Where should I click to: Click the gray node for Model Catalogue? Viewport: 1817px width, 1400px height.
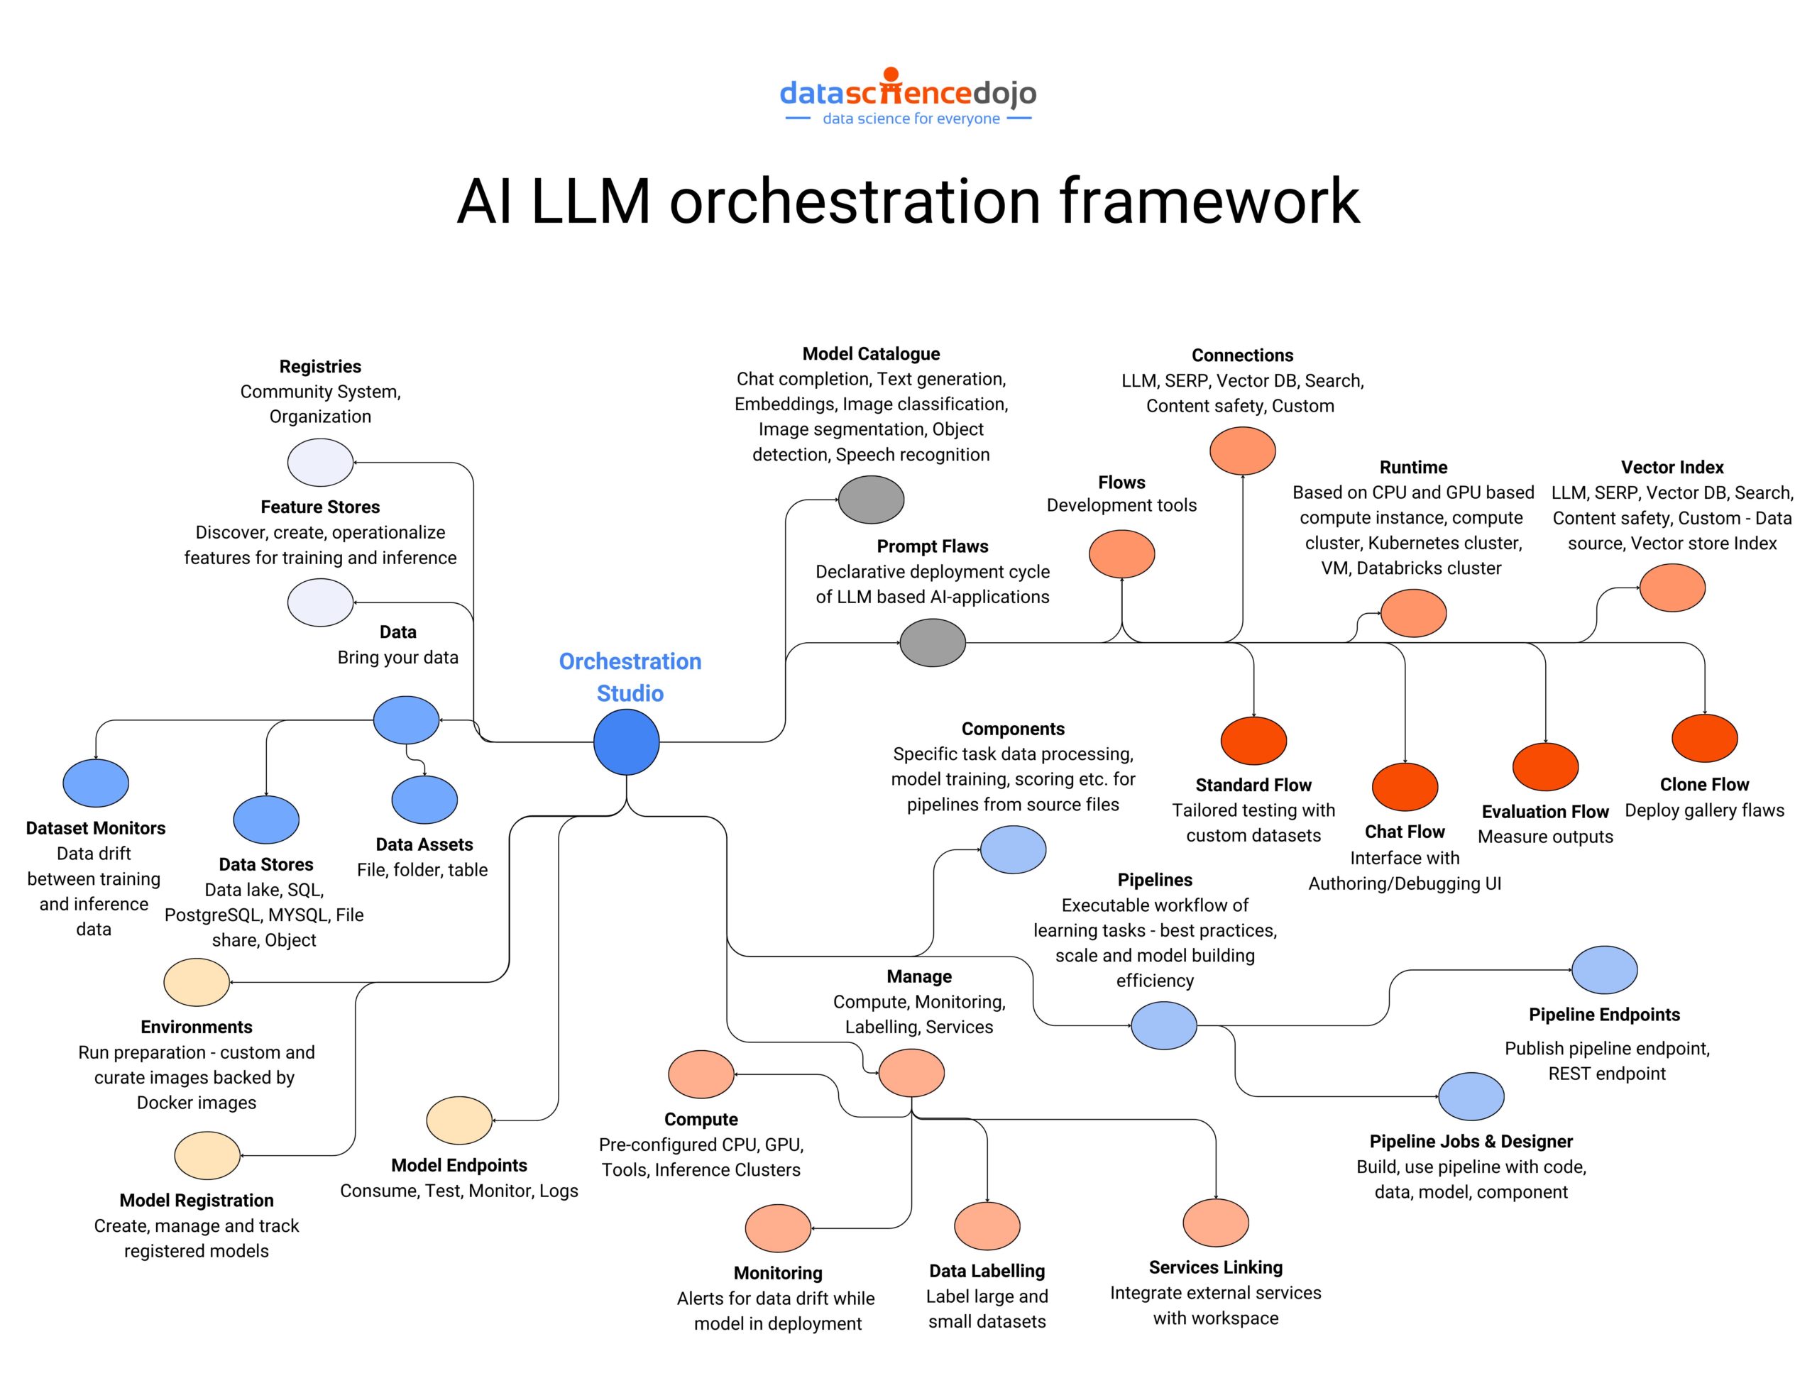[x=871, y=499]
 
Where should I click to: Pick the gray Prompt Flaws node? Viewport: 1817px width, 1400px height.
[x=932, y=642]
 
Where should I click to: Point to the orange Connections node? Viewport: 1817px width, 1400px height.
[x=1242, y=451]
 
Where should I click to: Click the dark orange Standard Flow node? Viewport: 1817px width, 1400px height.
[x=1253, y=740]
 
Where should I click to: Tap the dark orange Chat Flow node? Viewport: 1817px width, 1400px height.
[x=1405, y=786]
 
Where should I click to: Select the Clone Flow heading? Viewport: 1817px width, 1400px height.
[x=1704, y=784]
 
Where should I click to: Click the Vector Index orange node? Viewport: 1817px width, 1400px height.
[x=1671, y=588]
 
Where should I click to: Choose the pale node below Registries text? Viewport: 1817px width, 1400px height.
[x=320, y=463]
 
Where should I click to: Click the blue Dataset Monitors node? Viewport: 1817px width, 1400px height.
[x=96, y=783]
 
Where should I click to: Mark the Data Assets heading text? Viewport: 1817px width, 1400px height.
[x=424, y=844]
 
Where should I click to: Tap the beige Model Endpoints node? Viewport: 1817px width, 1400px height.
[x=459, y=1120]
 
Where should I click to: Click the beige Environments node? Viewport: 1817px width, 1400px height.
[x=197, y=981]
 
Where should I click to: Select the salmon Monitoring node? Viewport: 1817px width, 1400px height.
[x=778, y=1227]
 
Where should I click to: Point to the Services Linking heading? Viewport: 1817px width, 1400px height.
[x=1216, y=1267]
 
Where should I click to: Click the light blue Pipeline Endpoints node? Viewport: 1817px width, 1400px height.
[x=1604, y=969]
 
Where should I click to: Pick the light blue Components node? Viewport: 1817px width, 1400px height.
[x=1013, y=849]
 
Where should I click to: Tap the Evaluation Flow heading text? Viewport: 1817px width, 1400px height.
[x=1545, y=811]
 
